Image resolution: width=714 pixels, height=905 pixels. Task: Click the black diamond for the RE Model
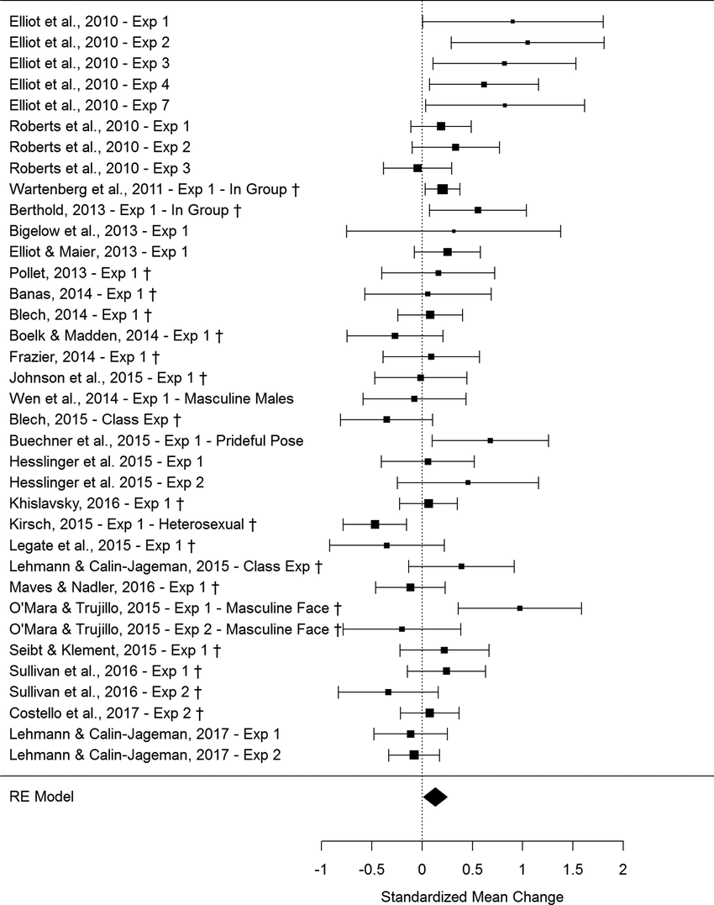pos(435,797)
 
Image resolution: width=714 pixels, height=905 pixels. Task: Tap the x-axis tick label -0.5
pos(371,869)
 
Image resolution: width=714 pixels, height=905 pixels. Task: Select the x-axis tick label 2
pos(622,869)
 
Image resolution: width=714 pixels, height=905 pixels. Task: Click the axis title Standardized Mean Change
pos(472,897)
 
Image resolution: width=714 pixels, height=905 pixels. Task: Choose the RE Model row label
pos(41,797)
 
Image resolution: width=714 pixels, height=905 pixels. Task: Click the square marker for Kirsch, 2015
pos(375,524)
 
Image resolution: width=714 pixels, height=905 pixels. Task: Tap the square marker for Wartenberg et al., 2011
pos(443,189)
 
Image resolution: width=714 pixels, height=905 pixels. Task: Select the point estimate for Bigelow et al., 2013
pos(454,231)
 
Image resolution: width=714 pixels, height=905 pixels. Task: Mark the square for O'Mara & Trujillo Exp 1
pos(520,608)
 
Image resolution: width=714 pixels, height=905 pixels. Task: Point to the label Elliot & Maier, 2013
pos(98,252)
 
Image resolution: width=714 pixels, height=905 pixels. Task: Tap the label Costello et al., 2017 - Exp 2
pos(108,713)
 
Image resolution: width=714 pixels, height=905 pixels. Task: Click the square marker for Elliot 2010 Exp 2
pos(528,42)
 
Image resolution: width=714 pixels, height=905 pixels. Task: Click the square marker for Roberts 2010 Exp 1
pos(441,126)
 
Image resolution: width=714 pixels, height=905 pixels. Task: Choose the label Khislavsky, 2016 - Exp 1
pos(96,503)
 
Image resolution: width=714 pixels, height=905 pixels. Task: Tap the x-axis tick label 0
pos(422,869)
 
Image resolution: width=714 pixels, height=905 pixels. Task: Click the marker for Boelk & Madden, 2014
pos(395,336)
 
